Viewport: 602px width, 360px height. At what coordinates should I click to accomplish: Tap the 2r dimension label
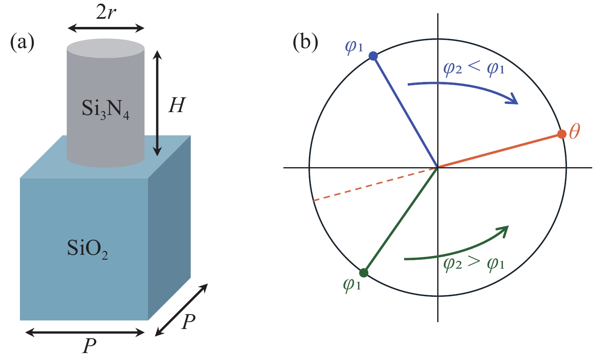tap(106, 13)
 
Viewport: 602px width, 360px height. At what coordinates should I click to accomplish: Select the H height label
tap(177, 105)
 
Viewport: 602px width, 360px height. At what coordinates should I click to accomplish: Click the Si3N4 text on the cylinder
tap(106, 109)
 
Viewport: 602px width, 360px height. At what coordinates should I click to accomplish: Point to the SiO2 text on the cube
tap(88, 249)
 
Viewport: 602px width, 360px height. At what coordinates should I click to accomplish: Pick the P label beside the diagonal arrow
tap(188, 322)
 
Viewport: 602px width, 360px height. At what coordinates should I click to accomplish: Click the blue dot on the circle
tap(373, 56)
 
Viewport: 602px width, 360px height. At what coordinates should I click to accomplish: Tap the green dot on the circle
tap(364, 272)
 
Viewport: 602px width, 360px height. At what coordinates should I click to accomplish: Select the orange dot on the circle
tap(562, 134)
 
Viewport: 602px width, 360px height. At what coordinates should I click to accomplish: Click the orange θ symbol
tap(574, 132)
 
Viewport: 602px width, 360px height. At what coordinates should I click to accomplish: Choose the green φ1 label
tap(352, 284)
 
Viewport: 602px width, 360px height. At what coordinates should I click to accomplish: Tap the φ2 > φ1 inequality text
tap(474, 264)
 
